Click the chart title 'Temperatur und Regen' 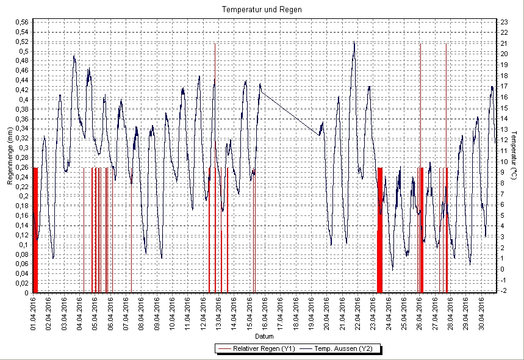tap(262, 10)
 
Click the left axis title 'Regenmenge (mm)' tap(10, 157)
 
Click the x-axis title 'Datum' tap(264, 337)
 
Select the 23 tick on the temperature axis tap(504, 23)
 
